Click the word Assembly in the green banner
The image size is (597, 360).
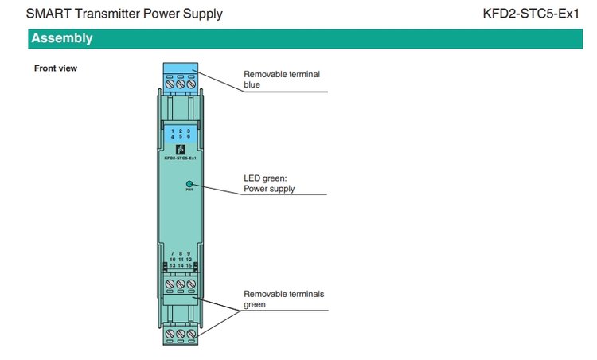tap(62, 38)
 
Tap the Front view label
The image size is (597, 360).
tap(56, 68)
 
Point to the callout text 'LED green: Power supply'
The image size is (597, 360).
tap(269, 183)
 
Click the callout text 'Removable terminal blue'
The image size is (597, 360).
tap(282, 79)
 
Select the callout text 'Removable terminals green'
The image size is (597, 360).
tap(283, 299)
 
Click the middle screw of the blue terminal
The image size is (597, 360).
tap(181, 83)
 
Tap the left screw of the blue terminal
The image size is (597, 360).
tap(170, 83)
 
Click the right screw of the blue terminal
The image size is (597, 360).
tap(192, 83)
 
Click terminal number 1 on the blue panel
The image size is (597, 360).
tap(173, 131)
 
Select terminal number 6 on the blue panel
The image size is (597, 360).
tap(189, 137)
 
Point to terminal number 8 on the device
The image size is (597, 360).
tap(181, 253)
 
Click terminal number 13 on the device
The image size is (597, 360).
tap(173, 266)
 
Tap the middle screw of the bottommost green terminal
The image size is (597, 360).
tap(181, 333)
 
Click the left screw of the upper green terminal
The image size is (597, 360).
tap(170, 284)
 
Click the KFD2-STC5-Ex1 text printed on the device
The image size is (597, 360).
tap(180, 158)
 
